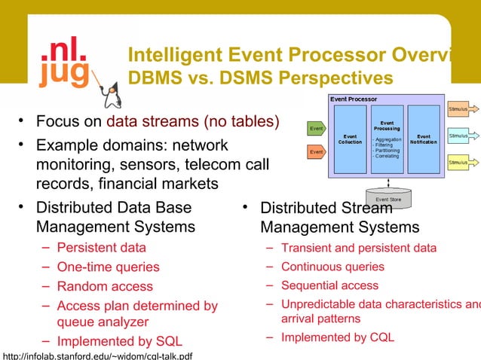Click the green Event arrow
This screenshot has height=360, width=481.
coord(317,129)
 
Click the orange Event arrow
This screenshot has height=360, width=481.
coord(317,153)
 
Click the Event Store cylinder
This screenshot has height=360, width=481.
coord(388,198)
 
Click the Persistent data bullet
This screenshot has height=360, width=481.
coord(102,247)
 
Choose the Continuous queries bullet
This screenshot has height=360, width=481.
coord(332,267)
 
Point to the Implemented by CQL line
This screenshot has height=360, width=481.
coord(338,337)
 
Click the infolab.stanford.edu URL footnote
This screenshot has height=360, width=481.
coord(97,354)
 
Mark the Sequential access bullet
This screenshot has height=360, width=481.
coord(329,285)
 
